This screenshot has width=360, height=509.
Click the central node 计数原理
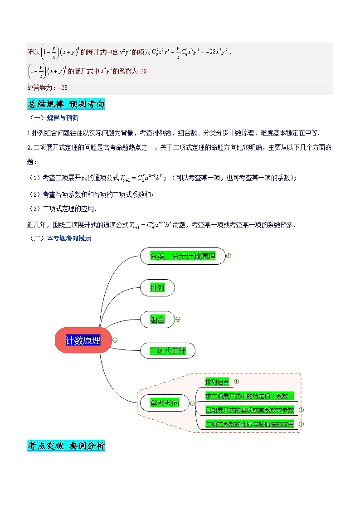[x=83, y=340]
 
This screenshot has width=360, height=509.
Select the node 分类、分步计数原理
[x=183, y=256]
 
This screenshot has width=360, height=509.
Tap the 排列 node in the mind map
[x=157, y=288]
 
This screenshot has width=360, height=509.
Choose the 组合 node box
[x=157, y=320]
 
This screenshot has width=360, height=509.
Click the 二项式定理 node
[x=168, y=351]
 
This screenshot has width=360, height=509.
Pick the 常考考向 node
[x=164, y=402]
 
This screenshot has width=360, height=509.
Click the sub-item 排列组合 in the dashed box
[x=217, y=382]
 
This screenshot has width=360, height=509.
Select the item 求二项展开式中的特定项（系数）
[x=249, y=396]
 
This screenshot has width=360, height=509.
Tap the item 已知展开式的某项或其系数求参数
[x=249, y=410]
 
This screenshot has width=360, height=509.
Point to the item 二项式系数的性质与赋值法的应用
[x=249, y=424]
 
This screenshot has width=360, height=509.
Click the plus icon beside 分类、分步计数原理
[x=229, y=256]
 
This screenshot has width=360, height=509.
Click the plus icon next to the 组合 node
[x=178, y=319]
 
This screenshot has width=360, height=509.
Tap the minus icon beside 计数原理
[x=115, y=340]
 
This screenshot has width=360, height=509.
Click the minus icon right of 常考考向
[x=193, y=402]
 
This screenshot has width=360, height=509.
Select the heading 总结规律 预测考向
[x=66, y=104]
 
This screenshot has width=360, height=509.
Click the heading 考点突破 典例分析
[x=66, y=446]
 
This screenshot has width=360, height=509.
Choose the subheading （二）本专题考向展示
[x=59, y=238]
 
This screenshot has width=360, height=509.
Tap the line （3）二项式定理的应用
[x=62, y=209]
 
